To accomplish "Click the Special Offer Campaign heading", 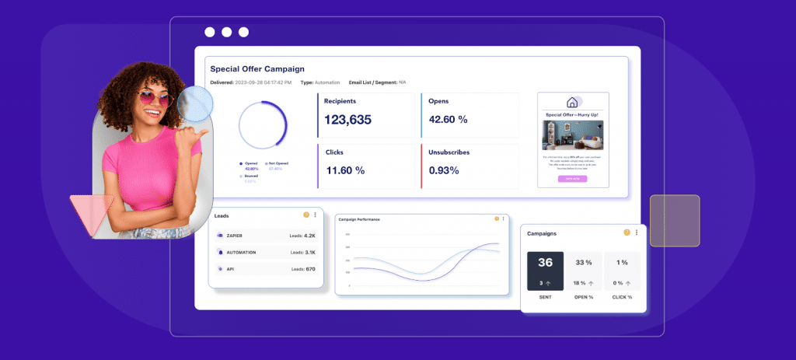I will [x=257, y=69].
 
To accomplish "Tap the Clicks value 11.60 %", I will [x=345, y=170].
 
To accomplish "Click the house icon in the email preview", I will [x=572, y=103].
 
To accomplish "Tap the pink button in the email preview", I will [x=572, y=178].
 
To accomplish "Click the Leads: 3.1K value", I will [x=302, y=252].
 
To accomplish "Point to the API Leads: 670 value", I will [x=303, y=269].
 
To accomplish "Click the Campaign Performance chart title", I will [x=359, y=219].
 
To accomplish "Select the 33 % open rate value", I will [x=583, y=263].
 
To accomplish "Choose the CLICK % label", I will [x=621, y=297].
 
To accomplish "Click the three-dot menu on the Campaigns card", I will [x=637, y=232].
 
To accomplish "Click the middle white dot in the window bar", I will [x=226, y=32].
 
